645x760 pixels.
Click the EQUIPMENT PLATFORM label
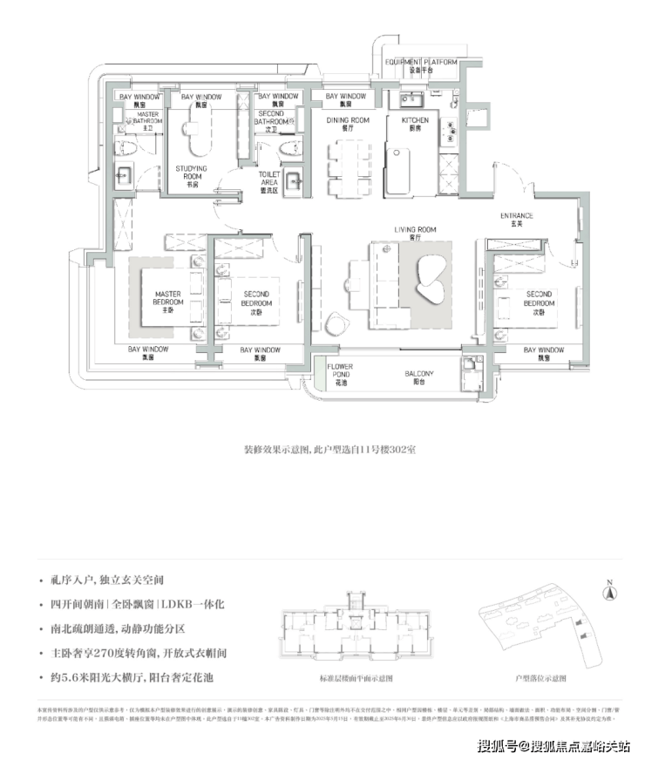pyautogui.click(x=423, y=64)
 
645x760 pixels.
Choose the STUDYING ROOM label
pyautogui.click(x=191, y=172)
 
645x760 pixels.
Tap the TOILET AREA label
pyautogui.click(x=269, y=178)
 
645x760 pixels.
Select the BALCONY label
pyautogui.click(x=418, y=377)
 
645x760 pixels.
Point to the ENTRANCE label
pyautogui.click(x=516, y=219)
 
